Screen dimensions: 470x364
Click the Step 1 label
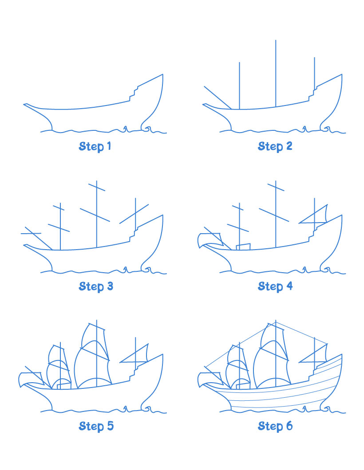point(95,146)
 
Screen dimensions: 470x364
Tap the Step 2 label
point(275,146)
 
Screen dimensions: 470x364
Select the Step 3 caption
point(96,286)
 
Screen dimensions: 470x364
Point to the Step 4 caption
point(275,286)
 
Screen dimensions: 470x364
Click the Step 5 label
point(96,427)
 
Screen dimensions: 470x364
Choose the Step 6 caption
point(275,427)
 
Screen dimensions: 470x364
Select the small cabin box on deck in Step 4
point(243,247)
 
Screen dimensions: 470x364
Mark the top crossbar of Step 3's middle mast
point(96,188)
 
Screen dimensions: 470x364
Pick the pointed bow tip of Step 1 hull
point(25,105)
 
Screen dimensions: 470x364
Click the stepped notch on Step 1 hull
point(133,94)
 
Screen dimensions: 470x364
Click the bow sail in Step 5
point(30,379)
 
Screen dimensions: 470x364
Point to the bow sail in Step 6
point(210,379)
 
